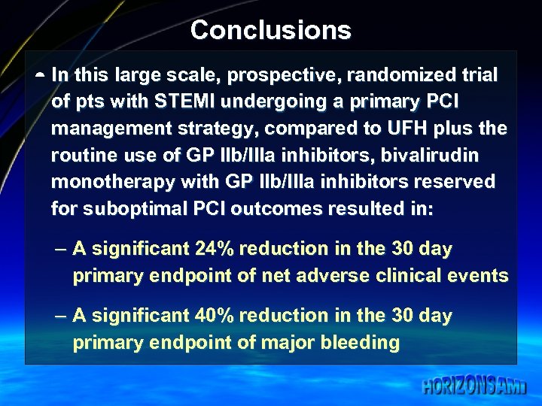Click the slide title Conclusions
(x=270, y=30)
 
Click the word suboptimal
(x=132, y=209)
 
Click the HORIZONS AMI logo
(x=474, y=386)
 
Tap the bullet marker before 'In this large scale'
(x=39, y=76)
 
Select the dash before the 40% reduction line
(x=61, y=317)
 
